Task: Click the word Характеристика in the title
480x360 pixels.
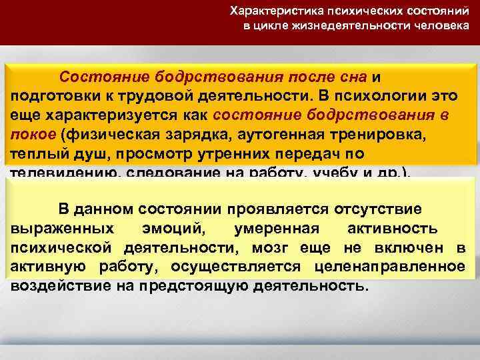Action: point(267,11)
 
